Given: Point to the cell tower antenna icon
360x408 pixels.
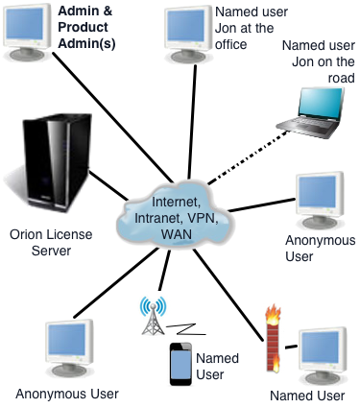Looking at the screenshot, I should (x=151, y=316).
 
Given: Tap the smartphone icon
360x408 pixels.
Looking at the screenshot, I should (x=178, y=364).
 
